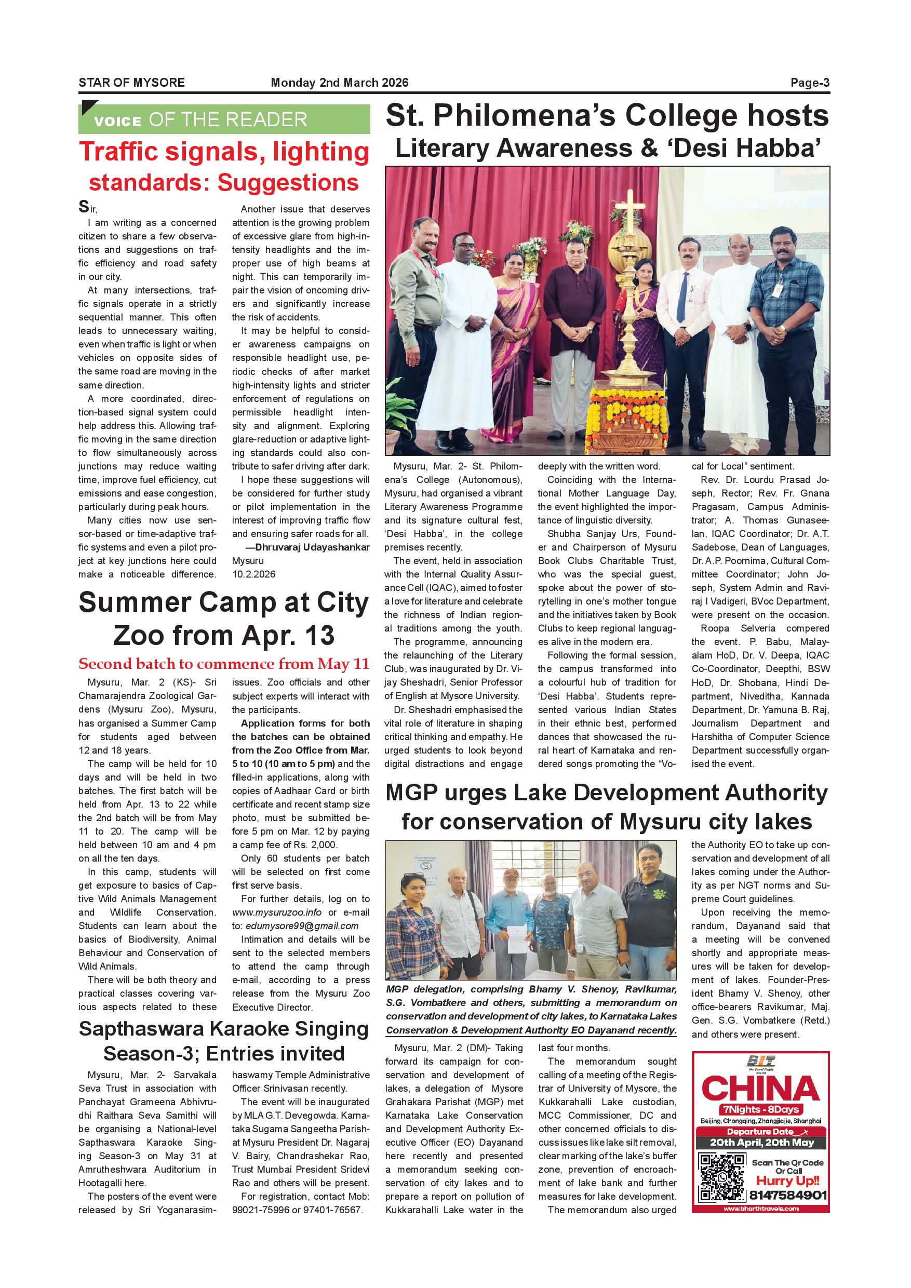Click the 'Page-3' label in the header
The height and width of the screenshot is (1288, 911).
(810, 83)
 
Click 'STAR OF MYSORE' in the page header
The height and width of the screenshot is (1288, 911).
(131, 83)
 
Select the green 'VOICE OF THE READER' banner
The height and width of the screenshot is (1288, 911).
(224, 119)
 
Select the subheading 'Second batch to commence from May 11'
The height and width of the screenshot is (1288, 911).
(224, 664)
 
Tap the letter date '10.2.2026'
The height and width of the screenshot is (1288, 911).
(253, 574)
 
